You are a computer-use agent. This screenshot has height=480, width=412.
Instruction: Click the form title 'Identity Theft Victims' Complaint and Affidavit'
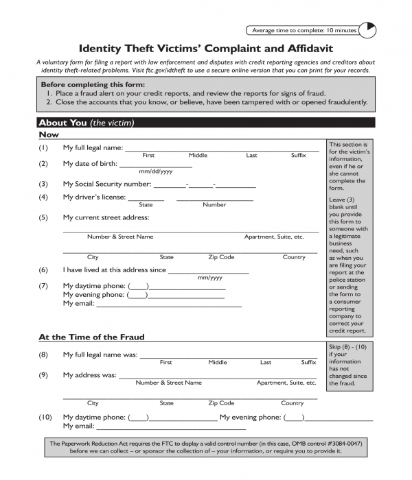coord(206,49)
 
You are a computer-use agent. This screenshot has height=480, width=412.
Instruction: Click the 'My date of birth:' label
coord(90,164)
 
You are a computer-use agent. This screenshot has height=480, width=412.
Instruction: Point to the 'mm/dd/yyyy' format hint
coord(156,171)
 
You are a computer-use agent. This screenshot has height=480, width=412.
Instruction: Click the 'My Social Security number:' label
coord(106,184)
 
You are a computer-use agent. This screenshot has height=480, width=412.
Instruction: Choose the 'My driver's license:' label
coord(94,197)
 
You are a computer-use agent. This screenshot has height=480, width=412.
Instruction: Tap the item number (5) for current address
coord(43,217)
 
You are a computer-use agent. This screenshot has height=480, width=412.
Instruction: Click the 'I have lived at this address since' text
coord(114,270)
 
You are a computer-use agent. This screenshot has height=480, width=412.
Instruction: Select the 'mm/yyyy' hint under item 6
coord(210,278)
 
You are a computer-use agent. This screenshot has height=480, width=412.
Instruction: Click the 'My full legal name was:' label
coord(100,355)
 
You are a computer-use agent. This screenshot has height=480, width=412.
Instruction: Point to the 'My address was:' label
coord(89,375)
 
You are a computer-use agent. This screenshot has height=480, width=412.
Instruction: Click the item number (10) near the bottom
coord(45,417)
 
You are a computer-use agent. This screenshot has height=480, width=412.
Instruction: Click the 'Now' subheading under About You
coord(49,135)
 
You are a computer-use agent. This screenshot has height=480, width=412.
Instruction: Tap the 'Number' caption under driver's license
coord(214,205)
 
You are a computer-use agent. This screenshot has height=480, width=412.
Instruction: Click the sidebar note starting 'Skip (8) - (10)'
coord(350,365)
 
